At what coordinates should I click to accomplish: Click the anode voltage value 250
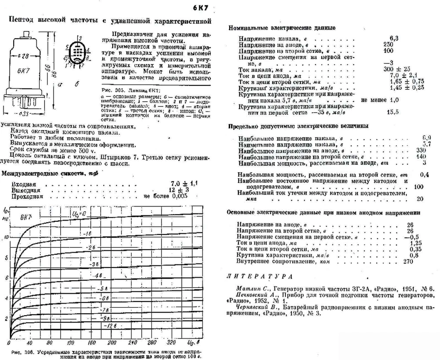click(x=389, y=44)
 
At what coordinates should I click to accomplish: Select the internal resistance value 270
click(x=408, y=261)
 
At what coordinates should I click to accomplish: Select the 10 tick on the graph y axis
click(x=5, y=237)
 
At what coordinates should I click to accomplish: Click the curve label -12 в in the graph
click(x=110, y=325)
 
